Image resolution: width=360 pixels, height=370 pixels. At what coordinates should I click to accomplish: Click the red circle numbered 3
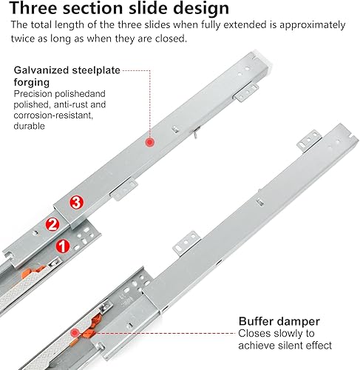(76, 203)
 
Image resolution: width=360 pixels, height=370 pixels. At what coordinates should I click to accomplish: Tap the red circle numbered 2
(52, 224)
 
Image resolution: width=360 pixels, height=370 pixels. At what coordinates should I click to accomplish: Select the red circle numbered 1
(63, 246)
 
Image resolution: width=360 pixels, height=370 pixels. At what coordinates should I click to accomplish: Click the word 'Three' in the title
(34, 8)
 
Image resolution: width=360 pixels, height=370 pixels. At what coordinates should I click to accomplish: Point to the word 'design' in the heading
(201, 8)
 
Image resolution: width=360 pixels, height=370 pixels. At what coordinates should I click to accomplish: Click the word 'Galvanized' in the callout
(41, 70)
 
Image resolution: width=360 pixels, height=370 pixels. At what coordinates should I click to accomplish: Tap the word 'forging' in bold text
(32, 83)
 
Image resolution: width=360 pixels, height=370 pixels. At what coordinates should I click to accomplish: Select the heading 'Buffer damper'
(279, 321)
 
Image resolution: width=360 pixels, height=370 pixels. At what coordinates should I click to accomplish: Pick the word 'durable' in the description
(29, 126)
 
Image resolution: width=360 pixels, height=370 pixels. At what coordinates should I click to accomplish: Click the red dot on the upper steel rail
(149, 142)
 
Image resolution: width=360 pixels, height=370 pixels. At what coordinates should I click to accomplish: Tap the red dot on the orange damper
(74, 333)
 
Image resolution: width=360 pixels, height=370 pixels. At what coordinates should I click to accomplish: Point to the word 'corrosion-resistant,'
(53, 115)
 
